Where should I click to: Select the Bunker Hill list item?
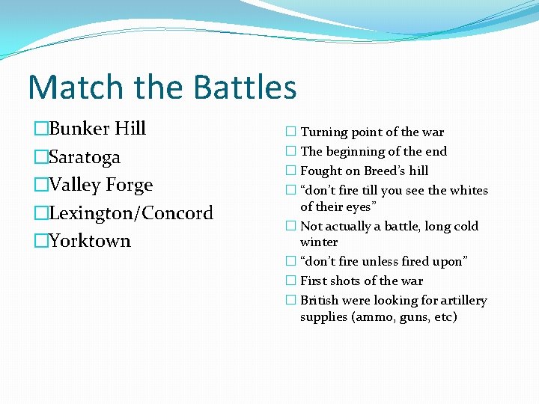[97, 129]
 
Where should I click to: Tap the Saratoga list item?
[84, 157]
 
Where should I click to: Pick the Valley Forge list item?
[100, 185]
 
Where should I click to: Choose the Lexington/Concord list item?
[130, 213]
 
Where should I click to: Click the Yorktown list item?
[89, 241]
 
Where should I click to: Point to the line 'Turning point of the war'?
[372, 132]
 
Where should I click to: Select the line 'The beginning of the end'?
[373, 151]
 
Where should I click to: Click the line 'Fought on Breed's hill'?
[364, 171]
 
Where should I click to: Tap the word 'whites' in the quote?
[469, 190]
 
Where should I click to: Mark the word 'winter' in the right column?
[319, 242]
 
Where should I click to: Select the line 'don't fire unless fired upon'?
[383, 262]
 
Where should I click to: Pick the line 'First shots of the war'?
[361, 281]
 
